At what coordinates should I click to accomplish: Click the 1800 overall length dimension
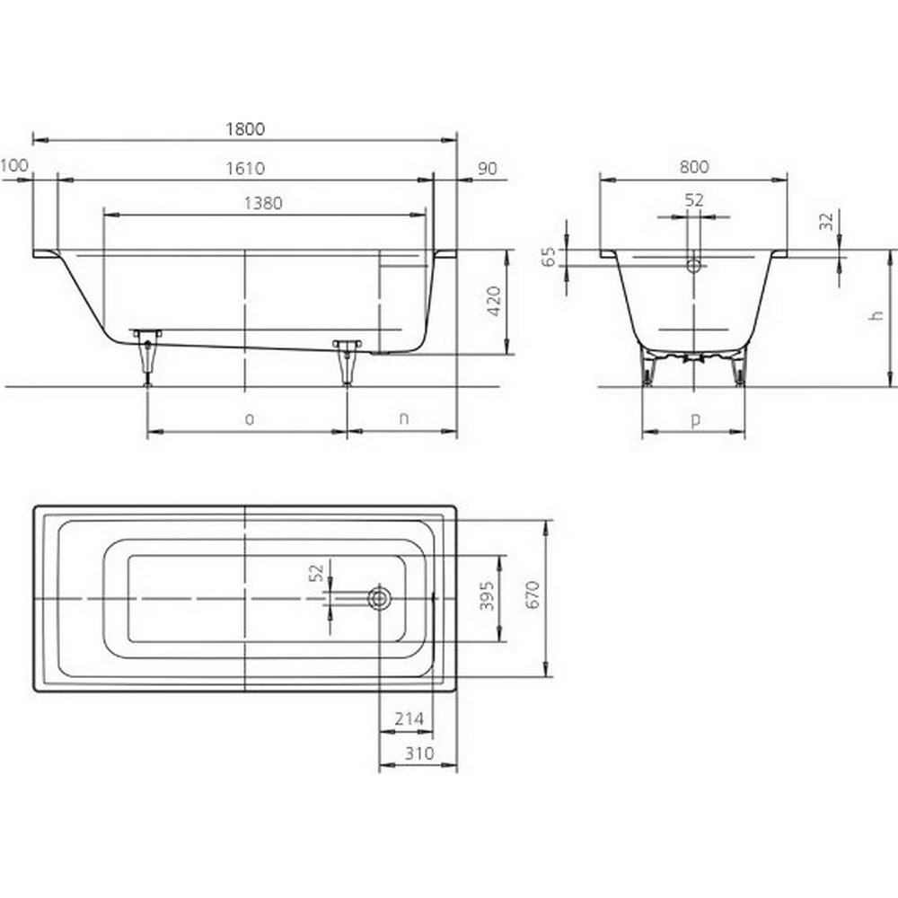(x=245, y=129)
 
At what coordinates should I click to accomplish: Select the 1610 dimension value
(x=245, y=169)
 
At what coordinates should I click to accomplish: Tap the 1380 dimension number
(x=263, y=203)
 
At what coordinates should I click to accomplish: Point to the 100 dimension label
(x=13, y=165)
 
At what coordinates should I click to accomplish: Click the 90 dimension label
(x=488, y=169)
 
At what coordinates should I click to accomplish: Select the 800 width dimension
(x=694, y=167)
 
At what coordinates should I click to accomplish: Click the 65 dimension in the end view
(x=549, y=257)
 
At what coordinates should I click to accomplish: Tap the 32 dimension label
(x=826, y=222)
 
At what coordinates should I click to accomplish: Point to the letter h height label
(x=876, y=315)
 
